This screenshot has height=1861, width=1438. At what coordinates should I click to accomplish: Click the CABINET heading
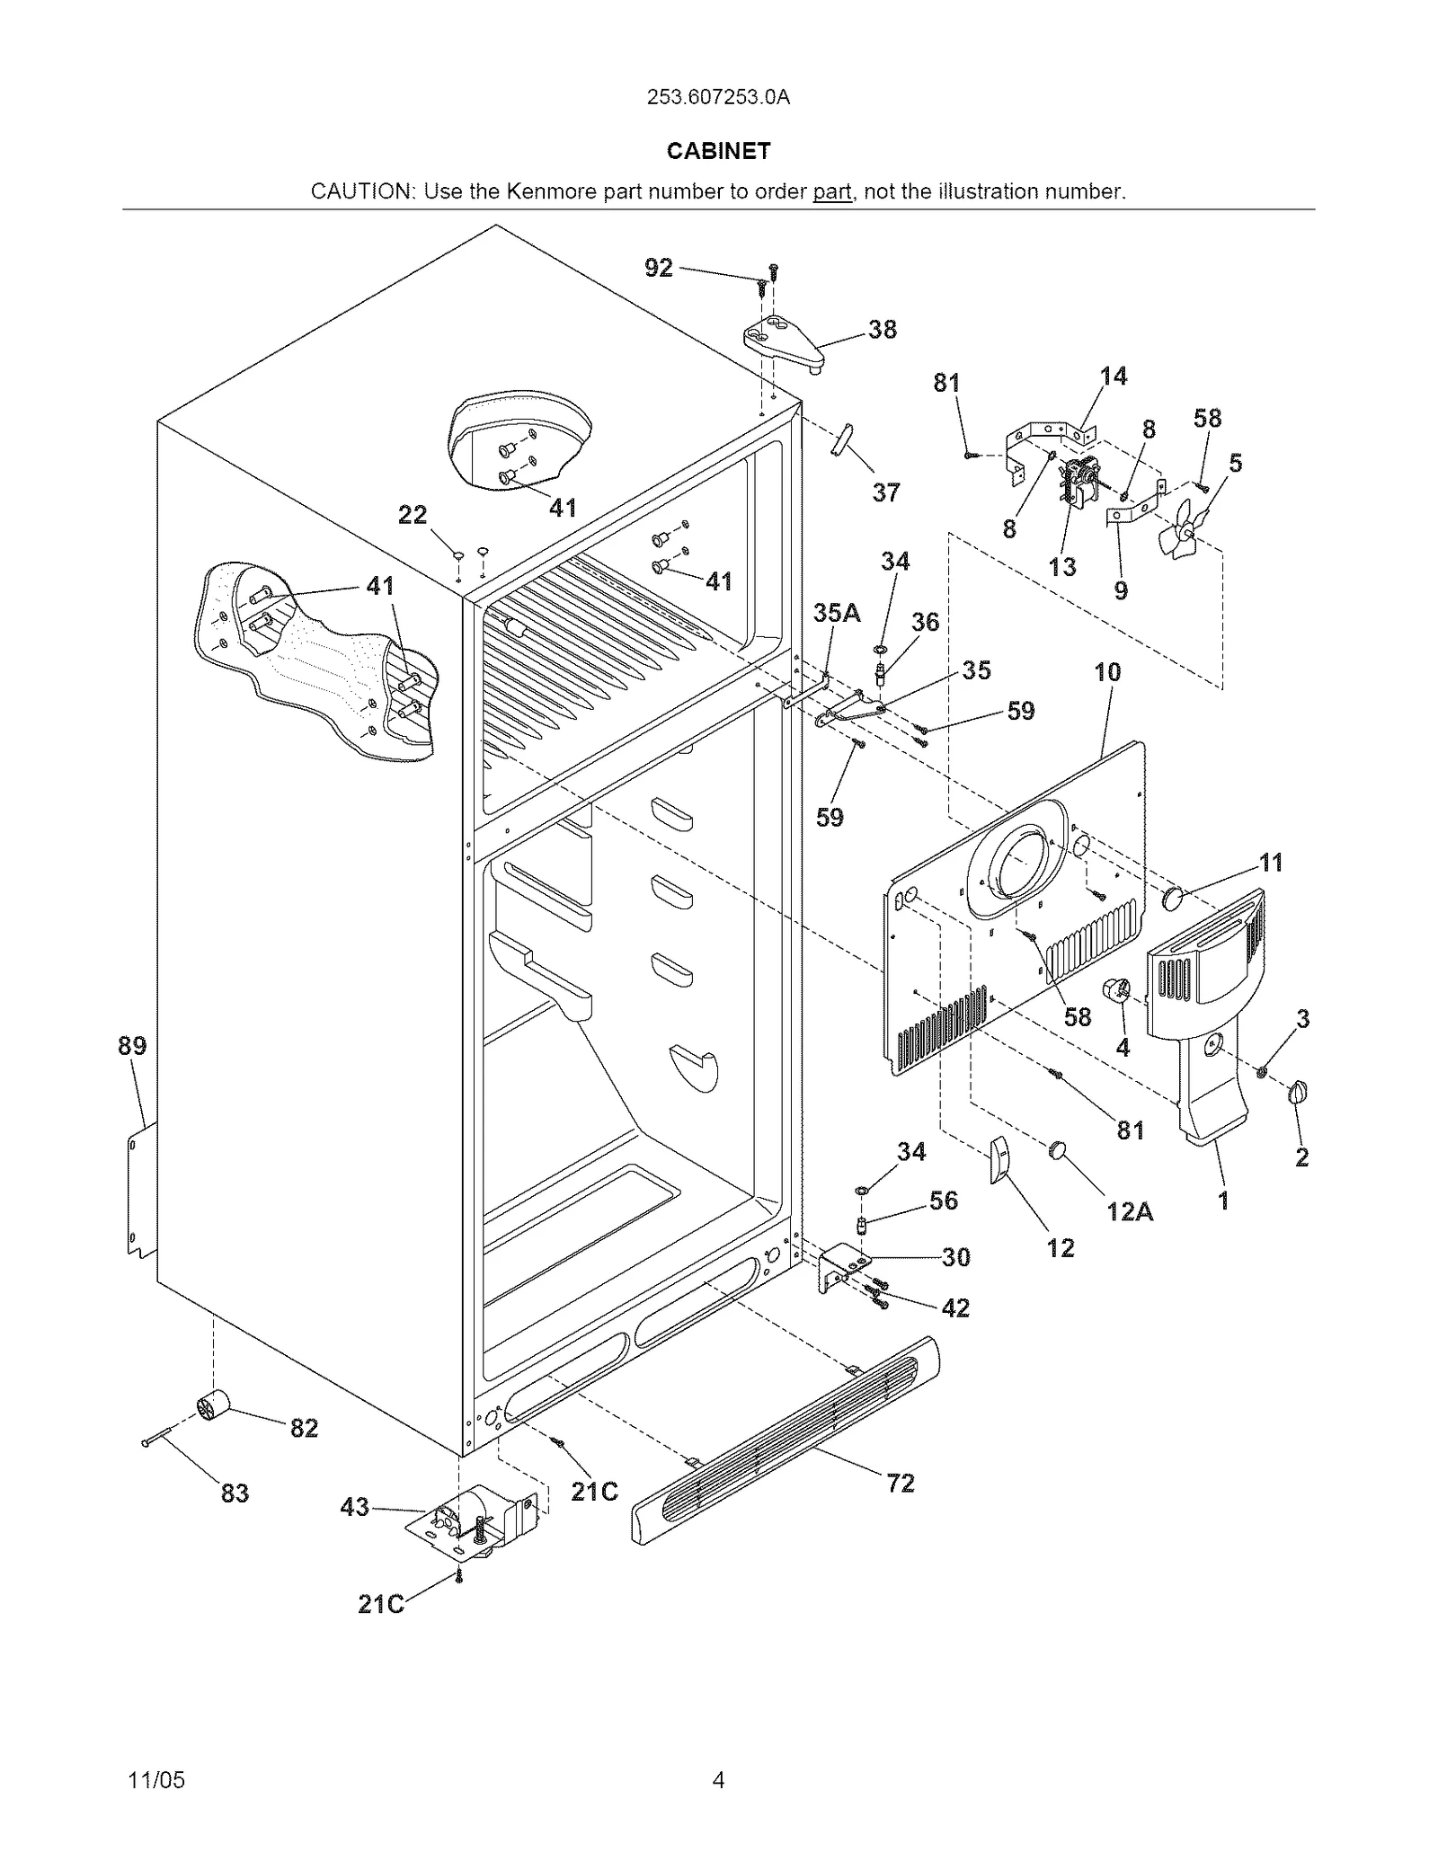(x=718, y=151)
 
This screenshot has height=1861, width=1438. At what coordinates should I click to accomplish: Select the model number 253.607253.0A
(x=718, y=98)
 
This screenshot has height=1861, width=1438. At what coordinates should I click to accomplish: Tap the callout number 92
(x=659, y=267)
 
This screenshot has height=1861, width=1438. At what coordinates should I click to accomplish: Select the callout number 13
(x=1062, y=567)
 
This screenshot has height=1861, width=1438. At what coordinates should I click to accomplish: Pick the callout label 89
(x=132, y=1046)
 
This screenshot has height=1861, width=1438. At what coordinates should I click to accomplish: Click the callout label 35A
(x=837, y=613)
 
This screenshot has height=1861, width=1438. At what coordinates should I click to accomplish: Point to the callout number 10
(x=1107, y=671)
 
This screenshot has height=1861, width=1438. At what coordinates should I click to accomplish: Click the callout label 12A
(x=1130, y=1211)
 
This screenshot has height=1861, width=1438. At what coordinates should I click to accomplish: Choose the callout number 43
(x=355, y=1506)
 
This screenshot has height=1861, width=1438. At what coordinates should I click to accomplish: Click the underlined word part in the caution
(x=831, y=191)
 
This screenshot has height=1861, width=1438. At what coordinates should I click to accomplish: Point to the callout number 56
(x=944, y=1200)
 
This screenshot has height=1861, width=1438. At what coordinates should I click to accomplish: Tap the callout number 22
(x=413, y=515)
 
